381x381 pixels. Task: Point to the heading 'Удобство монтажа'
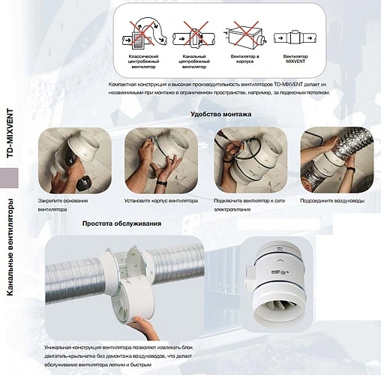click(x=221, y=115)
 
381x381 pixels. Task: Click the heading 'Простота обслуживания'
click(x=121, y=223)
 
